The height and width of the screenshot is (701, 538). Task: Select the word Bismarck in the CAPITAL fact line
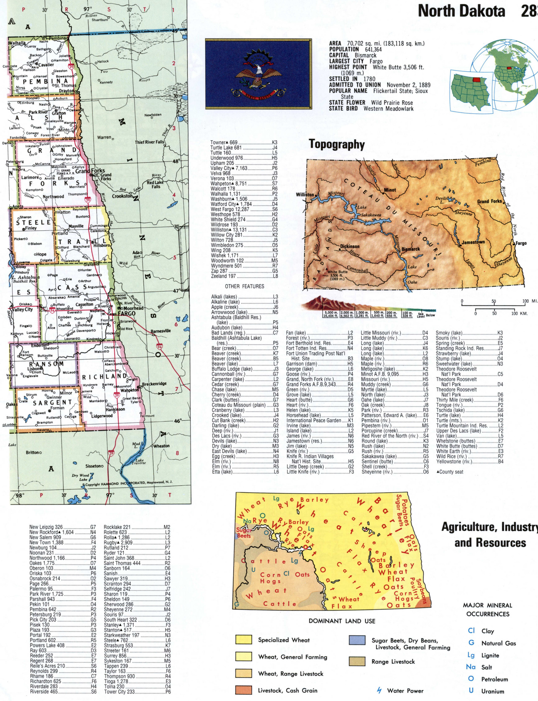[365, 55]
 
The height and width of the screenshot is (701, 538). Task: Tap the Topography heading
[337, 144]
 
